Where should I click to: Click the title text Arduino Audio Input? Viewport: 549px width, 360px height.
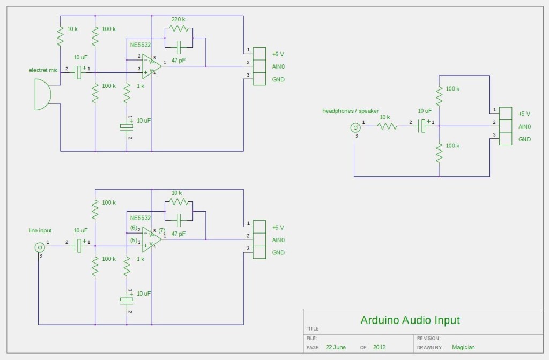410,320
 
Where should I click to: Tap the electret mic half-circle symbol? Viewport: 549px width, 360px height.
42,94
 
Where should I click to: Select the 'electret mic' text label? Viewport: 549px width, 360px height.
43,70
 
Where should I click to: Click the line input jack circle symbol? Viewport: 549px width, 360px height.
39,247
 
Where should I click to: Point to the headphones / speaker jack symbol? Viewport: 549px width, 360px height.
355,127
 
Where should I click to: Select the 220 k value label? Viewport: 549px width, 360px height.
179,19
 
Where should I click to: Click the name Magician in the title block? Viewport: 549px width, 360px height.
463,347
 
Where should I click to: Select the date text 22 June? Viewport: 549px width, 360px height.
336,347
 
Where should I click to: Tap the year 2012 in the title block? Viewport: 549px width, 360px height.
380,347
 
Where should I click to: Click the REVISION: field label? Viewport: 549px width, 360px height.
428,338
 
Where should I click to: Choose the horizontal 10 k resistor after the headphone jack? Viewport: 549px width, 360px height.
388,126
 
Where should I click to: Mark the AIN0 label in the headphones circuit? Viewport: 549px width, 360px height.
524,127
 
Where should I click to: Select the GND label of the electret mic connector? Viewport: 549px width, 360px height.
278,80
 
